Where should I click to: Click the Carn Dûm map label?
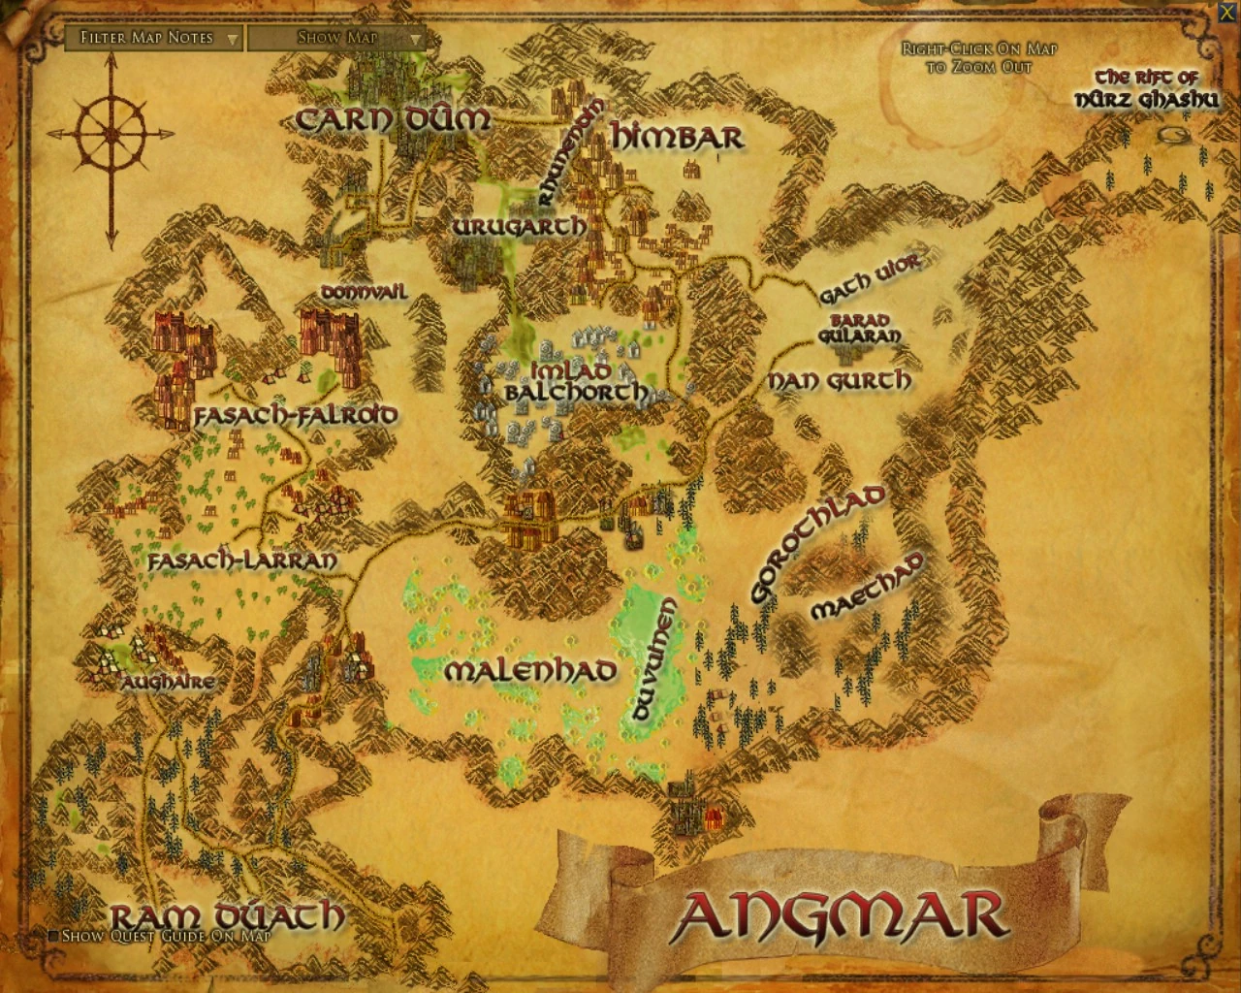tap(393, 119)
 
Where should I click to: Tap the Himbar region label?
tap(677, 137)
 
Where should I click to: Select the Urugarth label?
tap(519, 226)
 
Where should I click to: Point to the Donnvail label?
tap(364, 292)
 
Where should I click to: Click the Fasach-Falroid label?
tap(296, 415)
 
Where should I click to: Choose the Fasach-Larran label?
tap(242, 561)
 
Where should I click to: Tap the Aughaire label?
tap(168, 682)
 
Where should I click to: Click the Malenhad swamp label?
tap(529, 670)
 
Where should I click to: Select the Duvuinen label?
tap(654, 659)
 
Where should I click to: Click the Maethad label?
tap(866, 586)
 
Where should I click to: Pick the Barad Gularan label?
tap(859, 328)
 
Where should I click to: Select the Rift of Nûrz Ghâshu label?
tap(1147, 88)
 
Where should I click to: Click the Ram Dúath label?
tap(227, 914)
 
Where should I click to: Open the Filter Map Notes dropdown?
tap(155, 38)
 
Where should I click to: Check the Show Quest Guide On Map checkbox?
tap(54, 936)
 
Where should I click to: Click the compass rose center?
tap(111, 134)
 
